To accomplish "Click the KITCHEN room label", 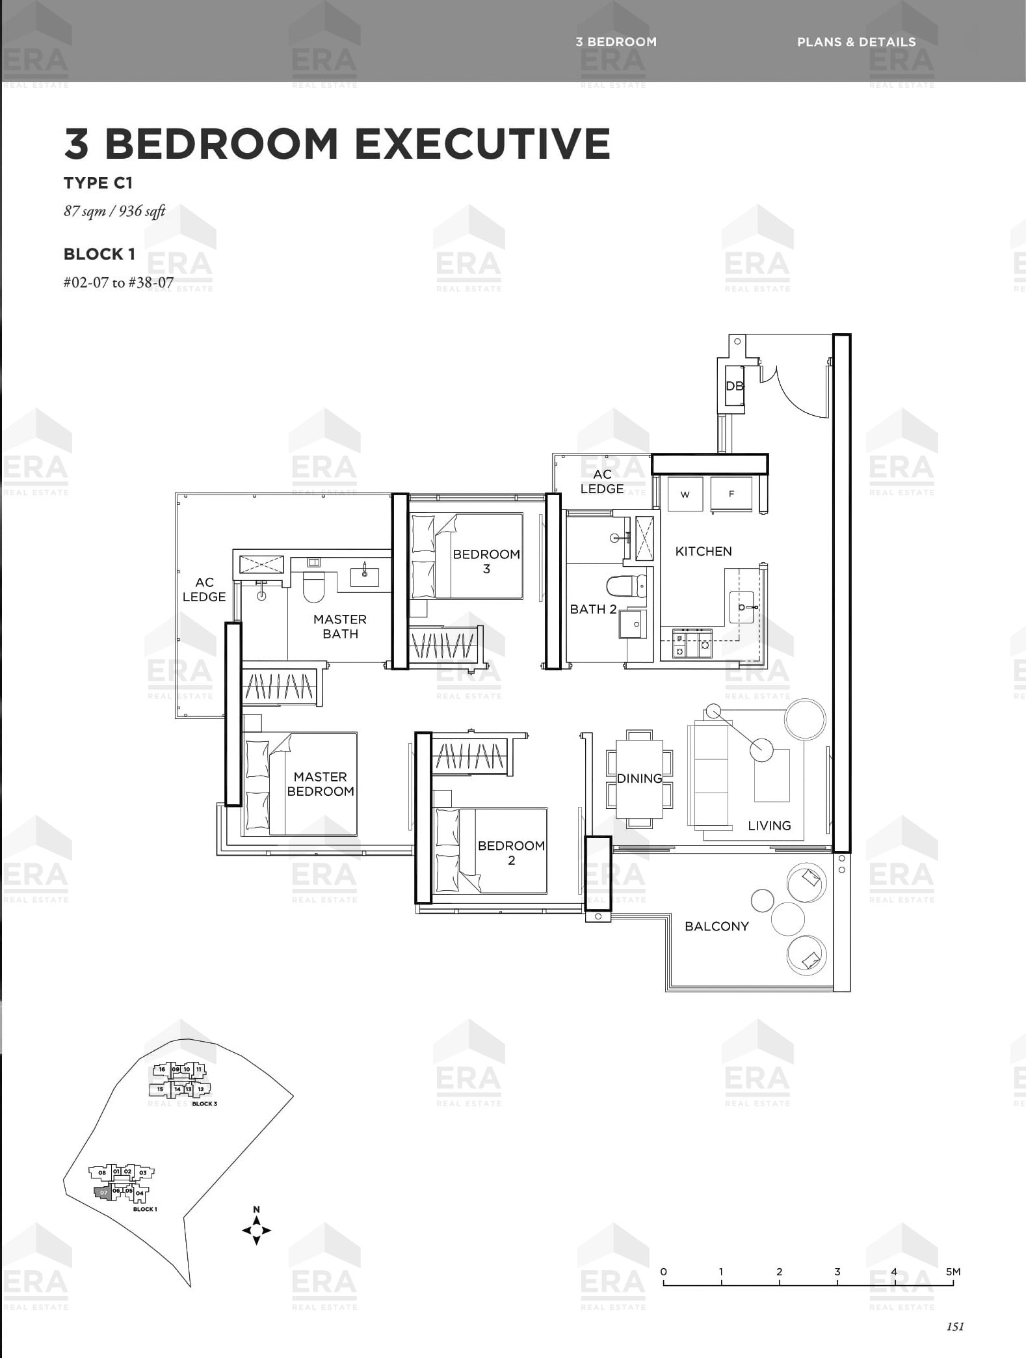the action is click(703, 551).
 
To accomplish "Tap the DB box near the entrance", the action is click(734, 387).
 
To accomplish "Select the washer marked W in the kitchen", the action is click(685, 494).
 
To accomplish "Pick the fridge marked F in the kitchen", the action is click(731, 494).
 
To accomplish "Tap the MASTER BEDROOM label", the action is click(321, 784).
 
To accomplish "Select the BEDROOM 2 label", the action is click(511, 852).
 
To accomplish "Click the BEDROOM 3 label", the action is click(486, 562).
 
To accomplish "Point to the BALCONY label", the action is click(717, 926).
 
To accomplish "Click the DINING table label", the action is click(639, 778).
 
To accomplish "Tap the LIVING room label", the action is click(769, 826).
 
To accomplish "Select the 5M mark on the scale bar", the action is click(953, 1271).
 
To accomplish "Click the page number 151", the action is click(955, 1327).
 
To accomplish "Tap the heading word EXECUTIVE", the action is click(482, 143).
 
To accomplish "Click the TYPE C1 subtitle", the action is click(98, 183).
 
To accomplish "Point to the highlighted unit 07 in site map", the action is click(103, 1193).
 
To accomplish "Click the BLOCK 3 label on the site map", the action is click(204, 1104).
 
